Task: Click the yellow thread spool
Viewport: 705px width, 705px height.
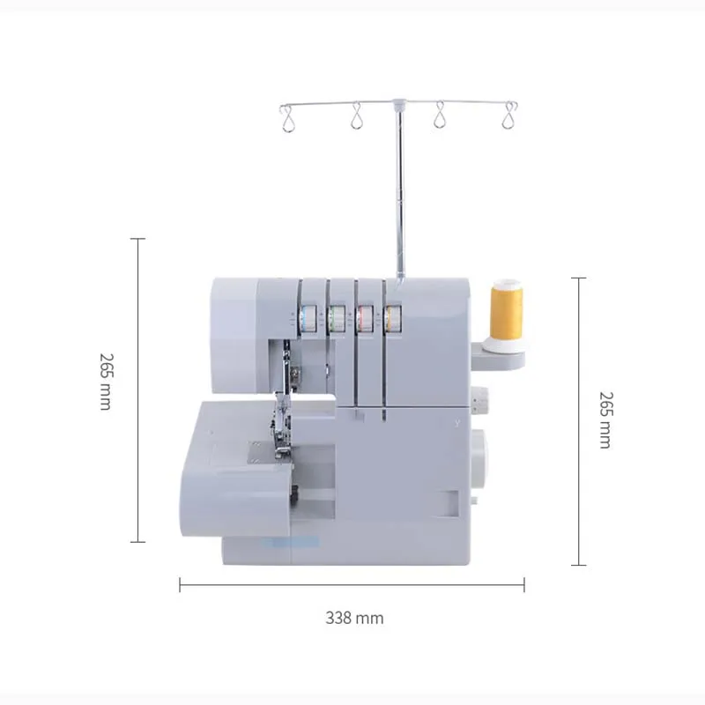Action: click(x=507, y=309)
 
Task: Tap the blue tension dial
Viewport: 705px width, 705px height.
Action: click(x=308, y=319)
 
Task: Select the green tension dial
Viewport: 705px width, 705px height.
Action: click(x=336, y=319)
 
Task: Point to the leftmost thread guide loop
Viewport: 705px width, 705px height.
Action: click(x=286, y=117)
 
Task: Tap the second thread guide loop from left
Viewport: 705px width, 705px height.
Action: click(x=357, y=116)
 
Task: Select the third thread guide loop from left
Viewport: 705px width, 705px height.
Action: click(x=438, y=116)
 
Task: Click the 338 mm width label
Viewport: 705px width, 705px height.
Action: click(x=354, y=618)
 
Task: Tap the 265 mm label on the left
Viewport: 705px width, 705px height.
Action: click(x=106, y=382)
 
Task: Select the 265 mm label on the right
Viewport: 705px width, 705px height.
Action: click(x=605, y=419)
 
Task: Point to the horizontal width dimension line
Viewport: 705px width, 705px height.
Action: click(x=352, y=584)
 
